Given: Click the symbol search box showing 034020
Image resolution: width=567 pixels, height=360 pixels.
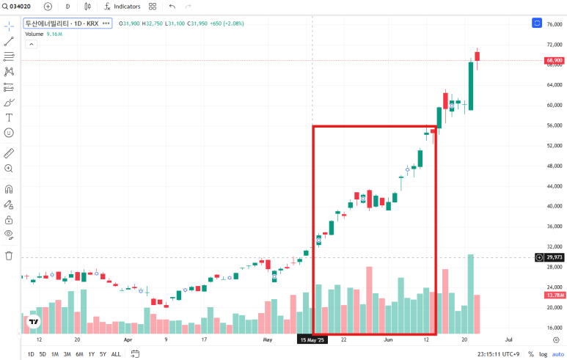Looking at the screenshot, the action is pos(17,7).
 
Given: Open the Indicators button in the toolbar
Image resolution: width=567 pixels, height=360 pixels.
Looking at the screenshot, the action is pos(122,7).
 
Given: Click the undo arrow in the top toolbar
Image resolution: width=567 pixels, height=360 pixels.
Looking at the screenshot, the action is pos(172,7).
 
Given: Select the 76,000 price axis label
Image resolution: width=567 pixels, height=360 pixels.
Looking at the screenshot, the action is pos(555,24).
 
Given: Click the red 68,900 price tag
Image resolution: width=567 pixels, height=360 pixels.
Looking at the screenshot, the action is pos(554,60).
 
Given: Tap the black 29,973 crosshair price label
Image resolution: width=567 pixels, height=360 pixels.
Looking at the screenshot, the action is pos(554,257).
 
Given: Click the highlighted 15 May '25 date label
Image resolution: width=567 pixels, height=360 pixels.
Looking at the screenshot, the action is pos(312,339).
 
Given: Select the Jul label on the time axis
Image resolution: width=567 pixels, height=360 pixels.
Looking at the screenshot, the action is pos(508,339).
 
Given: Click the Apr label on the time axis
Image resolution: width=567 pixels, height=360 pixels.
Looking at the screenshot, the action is pos(128,339).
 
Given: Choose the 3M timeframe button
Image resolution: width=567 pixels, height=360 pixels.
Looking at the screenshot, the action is pos(67,354).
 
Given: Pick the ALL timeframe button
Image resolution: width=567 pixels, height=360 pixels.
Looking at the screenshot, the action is pos(116,354).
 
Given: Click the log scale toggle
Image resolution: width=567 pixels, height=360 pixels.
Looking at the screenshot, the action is pos(543,354).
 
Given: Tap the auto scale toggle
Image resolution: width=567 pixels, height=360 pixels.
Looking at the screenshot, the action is pos(558,354).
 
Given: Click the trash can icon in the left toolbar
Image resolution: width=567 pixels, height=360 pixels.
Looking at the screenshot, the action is pos(9,256).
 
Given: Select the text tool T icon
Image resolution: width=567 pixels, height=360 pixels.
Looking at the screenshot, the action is pos(9,117).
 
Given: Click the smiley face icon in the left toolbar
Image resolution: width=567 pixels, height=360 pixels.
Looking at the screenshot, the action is pos(9,133).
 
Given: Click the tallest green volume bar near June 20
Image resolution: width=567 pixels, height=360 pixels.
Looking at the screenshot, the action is pos(470,294).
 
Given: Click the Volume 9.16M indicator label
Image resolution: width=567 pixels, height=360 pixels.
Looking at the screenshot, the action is pos(44,34).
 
